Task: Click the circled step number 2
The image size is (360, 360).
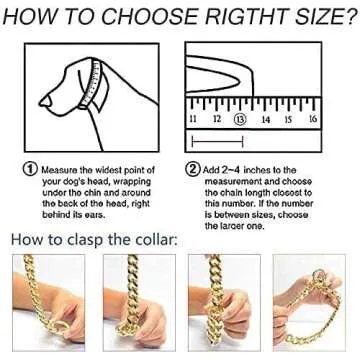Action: [x=192, y=169]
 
